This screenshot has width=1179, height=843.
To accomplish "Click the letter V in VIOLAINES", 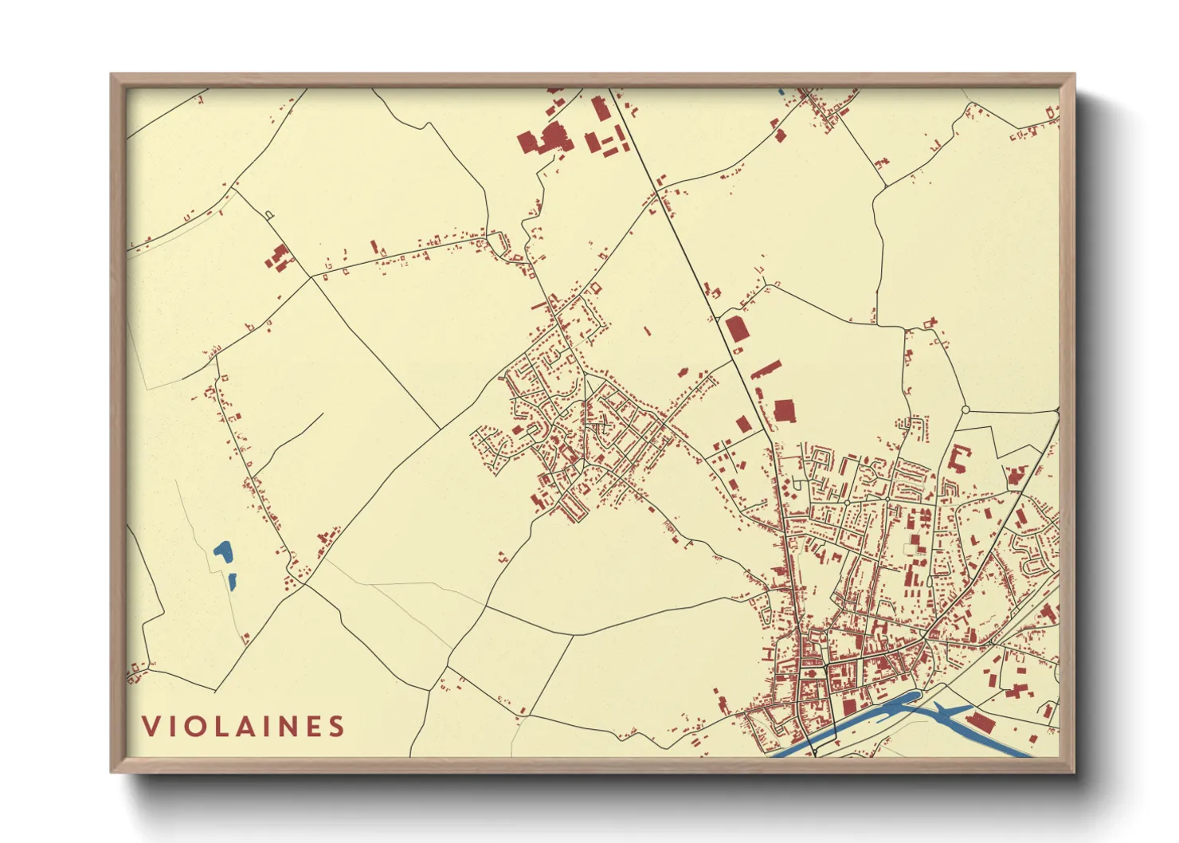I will (150, 726).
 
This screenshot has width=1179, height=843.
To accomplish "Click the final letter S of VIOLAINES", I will (337, 726).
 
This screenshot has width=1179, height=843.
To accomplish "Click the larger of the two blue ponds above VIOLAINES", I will (223, 552).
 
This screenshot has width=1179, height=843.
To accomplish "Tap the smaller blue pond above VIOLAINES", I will (232, 581).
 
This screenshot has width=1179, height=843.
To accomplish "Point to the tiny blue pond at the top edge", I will (781, 92).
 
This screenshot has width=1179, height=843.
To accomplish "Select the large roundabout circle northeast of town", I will (966, 410).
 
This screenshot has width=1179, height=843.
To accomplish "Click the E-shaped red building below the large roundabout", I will (959, 458).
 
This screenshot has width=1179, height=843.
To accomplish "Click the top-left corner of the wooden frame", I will (112, 75).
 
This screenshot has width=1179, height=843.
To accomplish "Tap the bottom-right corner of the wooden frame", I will (1074, 771).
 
